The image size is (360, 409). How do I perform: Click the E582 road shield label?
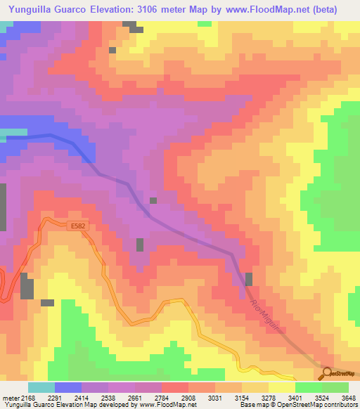[x=79, y=226]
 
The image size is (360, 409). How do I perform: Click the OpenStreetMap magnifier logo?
[x=327, y=374]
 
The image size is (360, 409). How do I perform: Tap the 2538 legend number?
[x=108, y=397]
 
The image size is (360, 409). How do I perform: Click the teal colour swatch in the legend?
[x=41, y=387]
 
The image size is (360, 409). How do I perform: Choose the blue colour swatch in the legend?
[x=68, y=387]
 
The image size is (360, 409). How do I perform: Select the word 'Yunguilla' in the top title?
[x=30, y=9]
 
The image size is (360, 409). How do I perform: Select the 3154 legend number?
[x=240, y=397]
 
